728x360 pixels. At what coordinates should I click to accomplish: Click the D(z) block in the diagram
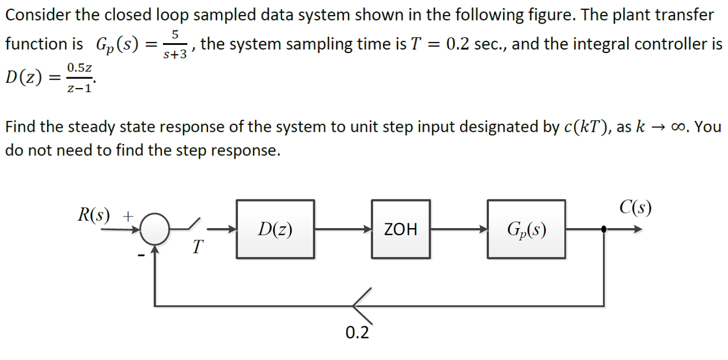(275, 229)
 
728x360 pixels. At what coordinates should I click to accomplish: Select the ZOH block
(400, 229)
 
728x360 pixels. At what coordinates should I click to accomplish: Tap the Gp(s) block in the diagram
(526, 229)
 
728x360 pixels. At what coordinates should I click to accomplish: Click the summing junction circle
(154, 229)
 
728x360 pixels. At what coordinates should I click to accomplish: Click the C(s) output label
(635, 207)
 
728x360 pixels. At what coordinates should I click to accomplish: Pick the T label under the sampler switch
(198, 248)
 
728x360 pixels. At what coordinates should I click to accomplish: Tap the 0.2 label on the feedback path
(357, 332)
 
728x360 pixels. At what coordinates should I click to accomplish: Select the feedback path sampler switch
(362, 304)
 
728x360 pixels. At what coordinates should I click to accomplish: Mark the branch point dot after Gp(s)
(603, 229)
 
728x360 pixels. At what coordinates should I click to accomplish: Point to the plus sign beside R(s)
(129, 215)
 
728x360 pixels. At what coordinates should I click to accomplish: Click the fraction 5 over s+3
(173, 44)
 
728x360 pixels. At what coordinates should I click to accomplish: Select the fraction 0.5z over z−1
(79, 78)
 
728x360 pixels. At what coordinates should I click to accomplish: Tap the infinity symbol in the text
(680, 127)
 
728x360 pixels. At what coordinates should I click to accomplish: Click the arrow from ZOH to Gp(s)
(458, 229)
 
